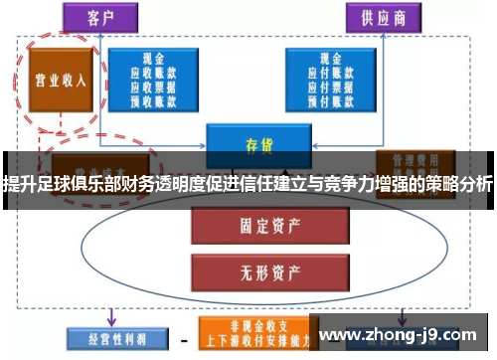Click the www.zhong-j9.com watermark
pos(403,335)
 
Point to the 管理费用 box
pos(409,160)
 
